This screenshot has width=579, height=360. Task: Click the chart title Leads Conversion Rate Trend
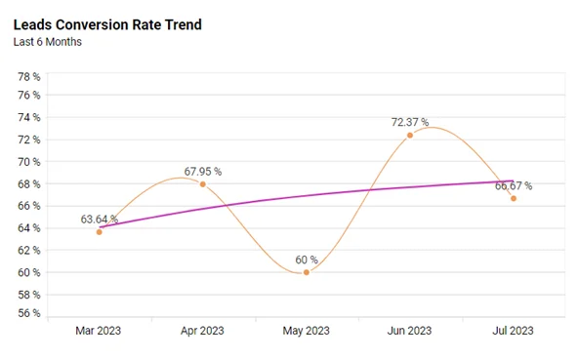pyautogui.click(x=108, y=24)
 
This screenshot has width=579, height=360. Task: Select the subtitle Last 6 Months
pyautogui.click(x=47, y=42)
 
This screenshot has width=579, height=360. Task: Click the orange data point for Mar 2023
pyautogui.click(x=100, y=231)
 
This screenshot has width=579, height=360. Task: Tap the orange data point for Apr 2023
pyautogui.click(x=203, y=184)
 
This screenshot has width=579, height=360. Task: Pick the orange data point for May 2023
pyautogui.click(x=307, y=272)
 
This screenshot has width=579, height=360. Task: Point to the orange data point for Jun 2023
pyautogui.click(x=410, y=135)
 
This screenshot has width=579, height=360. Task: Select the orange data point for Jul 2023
pyautogui.click(x=514, y=198)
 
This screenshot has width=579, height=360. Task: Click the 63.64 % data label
pyautogui.click(x=100, y=219)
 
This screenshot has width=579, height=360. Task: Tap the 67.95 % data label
pyautogui.click(x=202, y=172)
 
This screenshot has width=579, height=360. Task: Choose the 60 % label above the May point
pyautogui.click(x=307, y=260)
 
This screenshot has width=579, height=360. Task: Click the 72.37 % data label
pyautogui.click(x=409, y=122)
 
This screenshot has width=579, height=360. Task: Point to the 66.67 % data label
pyautogui.click(x=513, y=185)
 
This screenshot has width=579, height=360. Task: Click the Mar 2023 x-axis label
pyautogui.click(x=100, y=332)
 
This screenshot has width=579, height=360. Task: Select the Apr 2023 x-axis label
pyautogui.click(x=203, y=332)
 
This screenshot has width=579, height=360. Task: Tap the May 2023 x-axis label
pyautogui.click(x=307, y=332)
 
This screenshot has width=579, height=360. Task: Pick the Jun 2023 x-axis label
pyautogui.click(x=410, y=332)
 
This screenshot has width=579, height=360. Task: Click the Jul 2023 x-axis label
pyautogui.click(x=513, y=332)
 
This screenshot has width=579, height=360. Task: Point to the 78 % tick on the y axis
pyautogui.click(x=29, y=76)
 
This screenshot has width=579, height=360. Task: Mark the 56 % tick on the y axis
pyautogui.click(x=29, y=314)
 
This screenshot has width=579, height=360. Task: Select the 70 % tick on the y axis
pyautogui.click(x=29, y=162)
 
